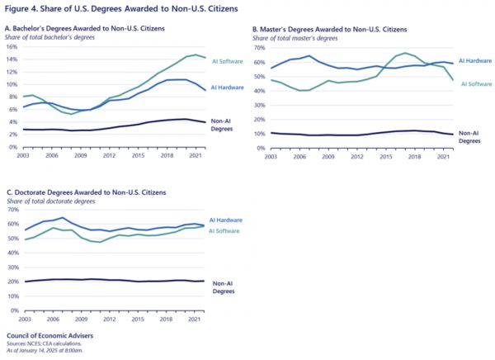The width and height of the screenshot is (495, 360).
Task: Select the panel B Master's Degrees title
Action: [x=330, y=29]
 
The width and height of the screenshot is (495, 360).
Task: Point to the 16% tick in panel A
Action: [x=12, y=46]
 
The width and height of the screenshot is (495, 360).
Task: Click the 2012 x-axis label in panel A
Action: [x=109, y=154]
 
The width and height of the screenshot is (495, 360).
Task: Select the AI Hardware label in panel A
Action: [x=227, y=87]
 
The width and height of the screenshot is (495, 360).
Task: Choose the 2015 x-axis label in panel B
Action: [x=385, y=154]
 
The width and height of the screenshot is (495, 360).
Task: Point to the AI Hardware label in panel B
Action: [x=474, y=61]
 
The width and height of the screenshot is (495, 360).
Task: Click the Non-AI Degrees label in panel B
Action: [x=469, y=135]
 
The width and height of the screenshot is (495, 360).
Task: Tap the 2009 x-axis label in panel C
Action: [x=81, y=317]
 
